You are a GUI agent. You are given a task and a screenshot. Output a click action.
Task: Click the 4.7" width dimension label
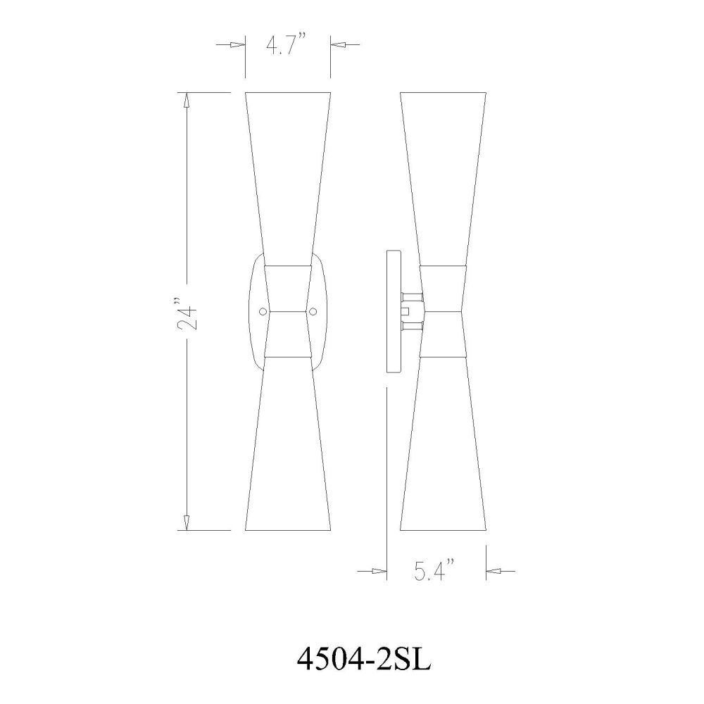coord(286,45)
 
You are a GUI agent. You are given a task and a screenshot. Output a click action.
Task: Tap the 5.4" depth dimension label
coord(434,572)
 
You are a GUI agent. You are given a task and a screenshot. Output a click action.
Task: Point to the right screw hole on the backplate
coord(313,311)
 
